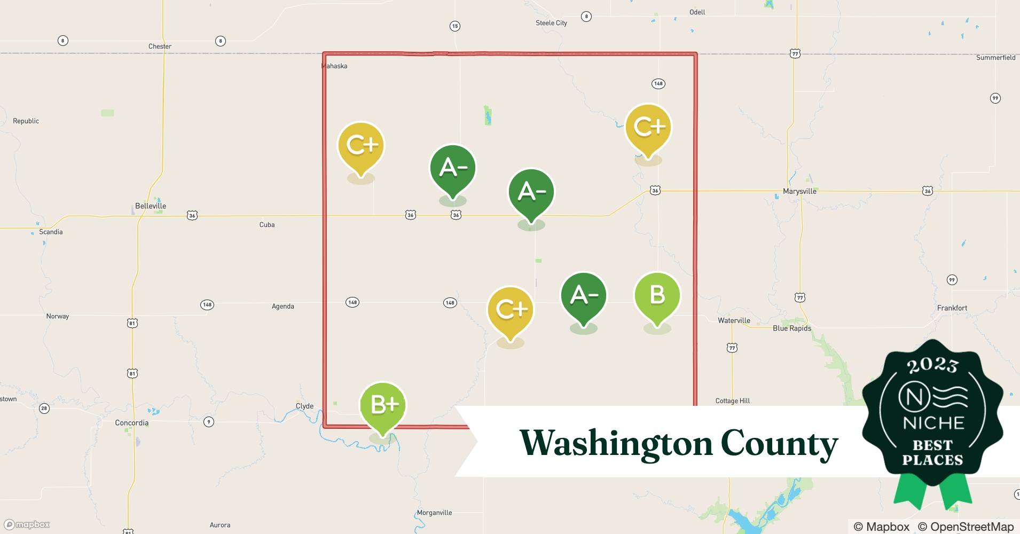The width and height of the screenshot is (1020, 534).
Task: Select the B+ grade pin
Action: [383, 405]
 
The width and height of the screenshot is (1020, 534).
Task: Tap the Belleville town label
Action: [151, 206]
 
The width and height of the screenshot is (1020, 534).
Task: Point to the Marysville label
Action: [799, 191]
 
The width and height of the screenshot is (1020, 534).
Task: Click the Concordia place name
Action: [132, 423]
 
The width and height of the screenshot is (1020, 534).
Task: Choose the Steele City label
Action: [551, 23]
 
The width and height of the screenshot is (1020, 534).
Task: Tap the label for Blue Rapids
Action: [791, 328]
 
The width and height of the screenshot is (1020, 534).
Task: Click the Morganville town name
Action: [434, 513]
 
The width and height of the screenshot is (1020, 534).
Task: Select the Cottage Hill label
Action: [732, 401]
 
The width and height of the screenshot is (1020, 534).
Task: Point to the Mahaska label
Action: [334, 66]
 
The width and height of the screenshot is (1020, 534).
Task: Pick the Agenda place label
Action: [283, 307]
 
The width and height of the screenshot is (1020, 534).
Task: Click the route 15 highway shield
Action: [454, 26]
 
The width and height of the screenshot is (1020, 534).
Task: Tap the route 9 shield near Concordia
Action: [209, 422]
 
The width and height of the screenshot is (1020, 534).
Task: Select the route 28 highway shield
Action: [44, 409]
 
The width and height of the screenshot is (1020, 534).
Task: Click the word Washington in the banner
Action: [616, 443]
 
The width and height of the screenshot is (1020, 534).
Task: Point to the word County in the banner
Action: [779, 443]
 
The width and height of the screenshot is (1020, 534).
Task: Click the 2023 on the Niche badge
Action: [932, 365]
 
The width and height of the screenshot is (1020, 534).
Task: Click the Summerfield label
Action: [995, 58]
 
